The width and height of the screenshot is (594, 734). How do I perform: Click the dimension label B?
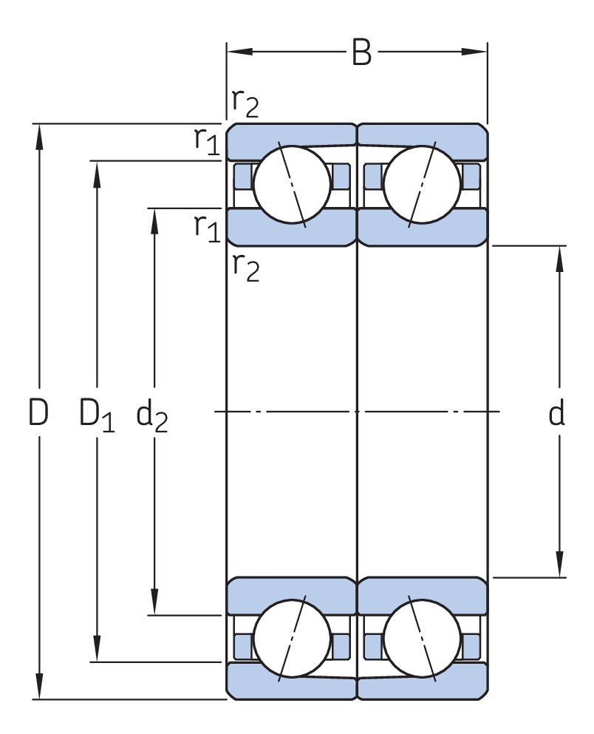point(361,53)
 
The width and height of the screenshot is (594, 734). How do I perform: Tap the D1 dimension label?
point(97,414)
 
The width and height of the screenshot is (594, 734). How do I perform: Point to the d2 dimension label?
point(152,415)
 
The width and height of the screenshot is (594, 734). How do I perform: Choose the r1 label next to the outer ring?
point(207,139)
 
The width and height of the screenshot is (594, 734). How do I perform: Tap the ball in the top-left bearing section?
point(292,184)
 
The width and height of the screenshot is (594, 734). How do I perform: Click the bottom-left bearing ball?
point(292,640)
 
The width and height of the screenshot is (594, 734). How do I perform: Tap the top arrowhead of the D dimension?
point(40,133)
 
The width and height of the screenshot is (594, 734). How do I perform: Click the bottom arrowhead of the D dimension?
point(40,689)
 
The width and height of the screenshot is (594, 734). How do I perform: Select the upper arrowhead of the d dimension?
point(560,255)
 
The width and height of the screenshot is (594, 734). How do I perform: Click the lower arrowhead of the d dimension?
point(560,566)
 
